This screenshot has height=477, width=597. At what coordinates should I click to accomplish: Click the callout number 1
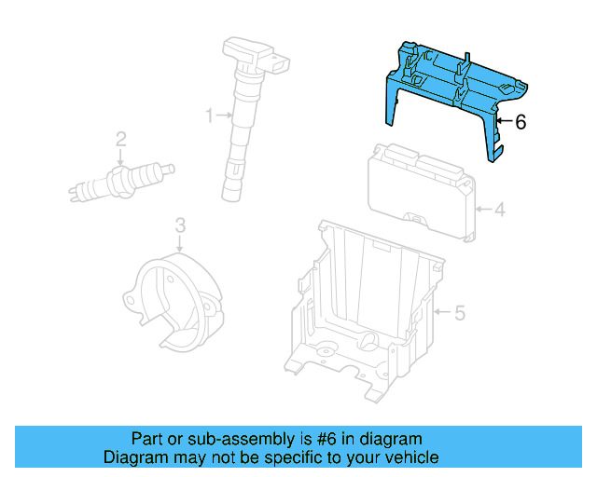[x=210, y=116]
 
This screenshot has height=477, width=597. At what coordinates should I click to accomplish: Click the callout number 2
[x=120, y=141]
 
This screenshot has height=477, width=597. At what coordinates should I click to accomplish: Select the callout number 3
[x=180, y=225]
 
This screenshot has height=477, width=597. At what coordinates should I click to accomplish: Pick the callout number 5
[x=459, y=313]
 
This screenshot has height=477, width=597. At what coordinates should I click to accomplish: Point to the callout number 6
[x=521, y=121]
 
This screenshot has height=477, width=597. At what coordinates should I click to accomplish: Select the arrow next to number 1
[x=224, y=116]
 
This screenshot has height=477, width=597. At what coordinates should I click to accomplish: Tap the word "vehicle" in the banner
[x=411, y=457]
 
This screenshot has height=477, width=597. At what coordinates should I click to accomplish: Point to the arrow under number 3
[x=180, y=242]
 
